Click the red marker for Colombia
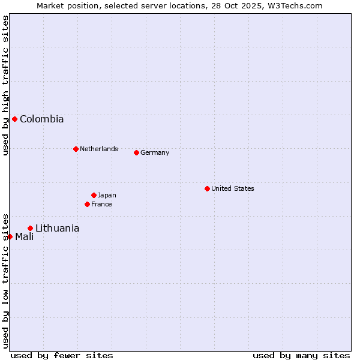[14, 119]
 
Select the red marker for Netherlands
[76, 149]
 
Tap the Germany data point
[136, 152]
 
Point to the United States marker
[207, 188]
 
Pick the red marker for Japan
[94, 195]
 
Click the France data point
[87, 204]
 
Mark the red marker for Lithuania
[30, 228]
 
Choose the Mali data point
[10, 236]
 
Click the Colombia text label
[41, 119]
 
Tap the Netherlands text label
[98, 149]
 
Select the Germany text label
[155, 152]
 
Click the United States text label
[232, 188]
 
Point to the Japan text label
[107, 195]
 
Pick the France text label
[101, 204]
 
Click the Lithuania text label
[57, 228]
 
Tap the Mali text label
[24, 236]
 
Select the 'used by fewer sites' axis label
[62, 355]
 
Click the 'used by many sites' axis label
[301, 355]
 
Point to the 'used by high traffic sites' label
[5, 85]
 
